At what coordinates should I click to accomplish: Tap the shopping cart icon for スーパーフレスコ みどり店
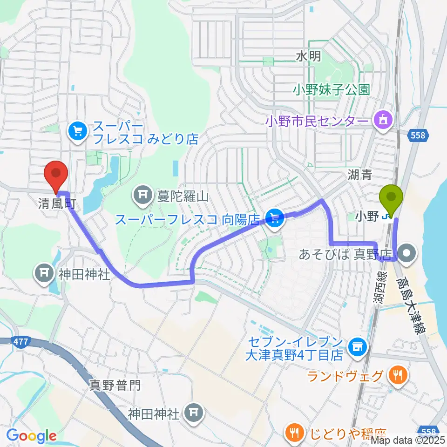point(77,132)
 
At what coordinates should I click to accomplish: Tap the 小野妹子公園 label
point(331,89)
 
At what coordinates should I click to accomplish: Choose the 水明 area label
point(308,56)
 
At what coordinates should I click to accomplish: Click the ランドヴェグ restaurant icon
point(397,375)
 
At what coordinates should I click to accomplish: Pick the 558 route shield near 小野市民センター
point(418,135)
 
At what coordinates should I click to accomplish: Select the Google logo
point(31,436)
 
